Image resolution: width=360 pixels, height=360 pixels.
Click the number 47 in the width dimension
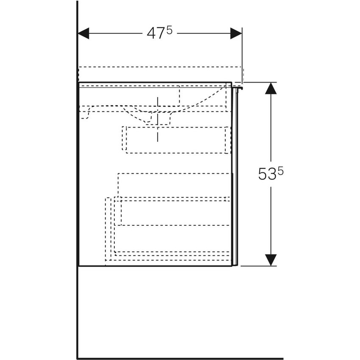pyautogui.click(x=155, y=34)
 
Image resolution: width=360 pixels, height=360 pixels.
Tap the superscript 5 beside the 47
pyautogui.click(x=169, y=30)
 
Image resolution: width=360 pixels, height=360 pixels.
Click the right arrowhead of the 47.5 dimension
pyautogui.click(x=236, y=33)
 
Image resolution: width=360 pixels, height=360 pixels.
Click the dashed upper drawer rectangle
pyautogui.click(x=176, y=140)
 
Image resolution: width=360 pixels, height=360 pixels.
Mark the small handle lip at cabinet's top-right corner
pyautogui.click(x=239, y=88)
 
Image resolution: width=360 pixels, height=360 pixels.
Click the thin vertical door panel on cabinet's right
pyautogui.click(x=236, y=178)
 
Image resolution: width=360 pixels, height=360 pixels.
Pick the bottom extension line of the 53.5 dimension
pyautogui.click(x=258, y=266)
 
